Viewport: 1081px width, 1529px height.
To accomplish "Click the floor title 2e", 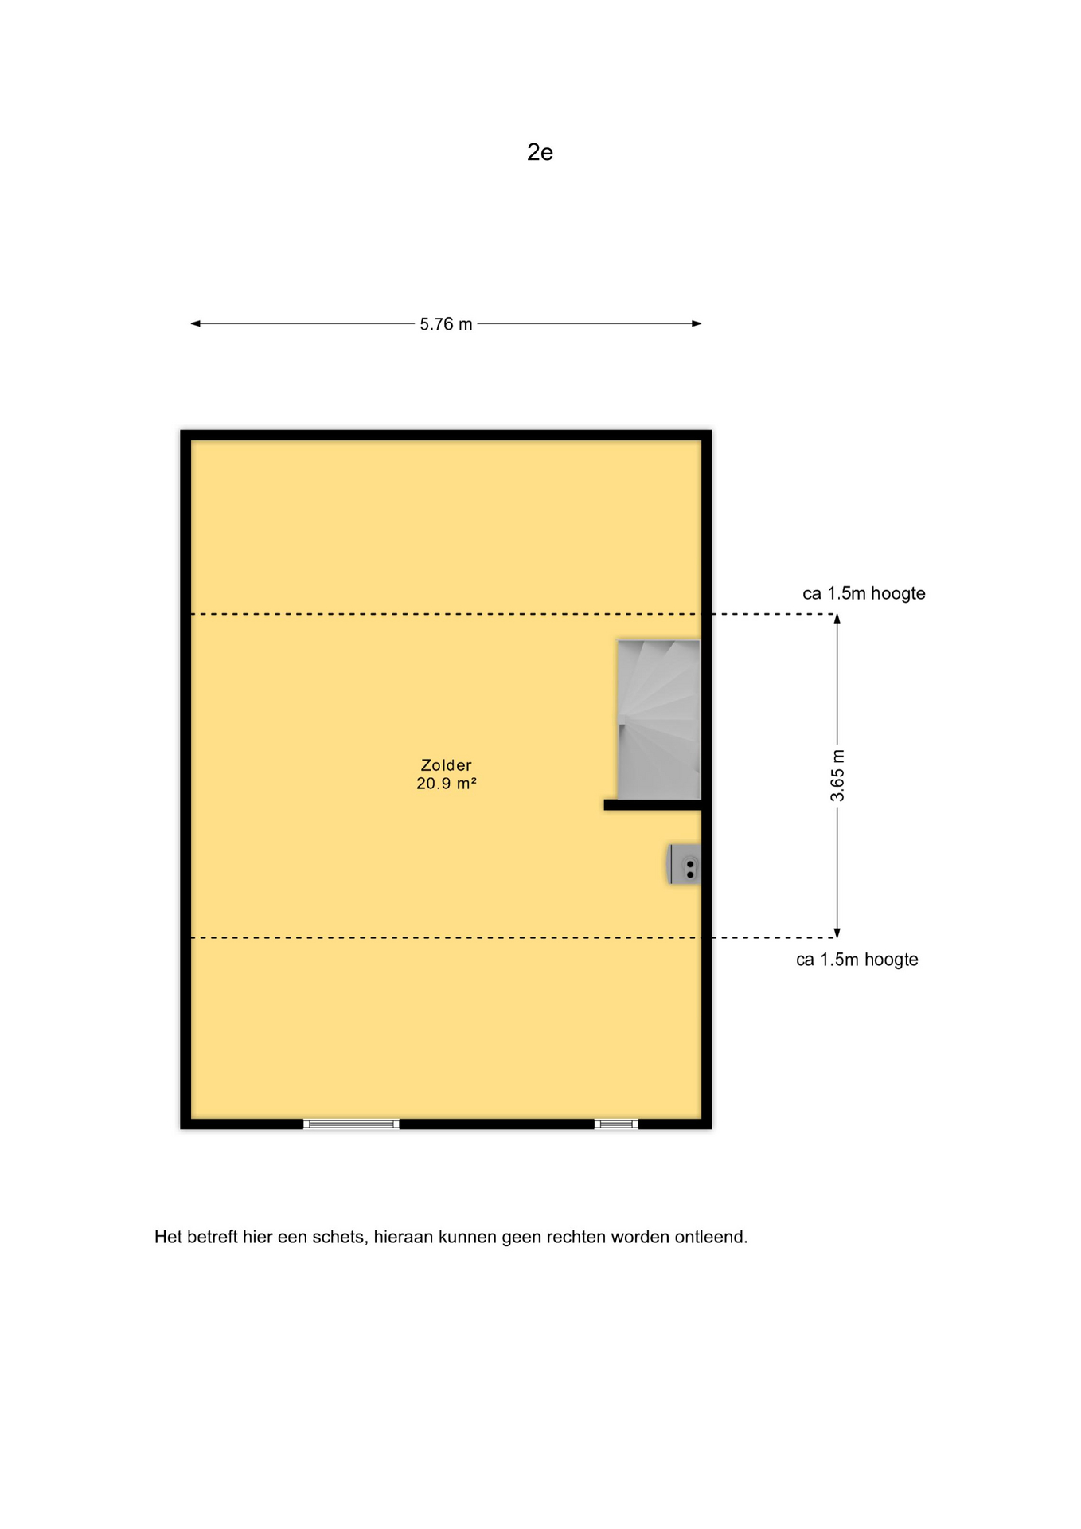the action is point(540,152).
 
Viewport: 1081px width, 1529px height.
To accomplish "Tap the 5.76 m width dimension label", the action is point(446,324).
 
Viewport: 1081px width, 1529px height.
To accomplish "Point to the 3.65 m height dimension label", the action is point(837,776).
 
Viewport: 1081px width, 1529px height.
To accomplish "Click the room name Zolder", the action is point(446,765).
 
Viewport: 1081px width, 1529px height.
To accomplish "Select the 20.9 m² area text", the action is point(446,784).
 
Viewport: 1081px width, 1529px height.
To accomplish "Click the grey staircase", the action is point(659,719).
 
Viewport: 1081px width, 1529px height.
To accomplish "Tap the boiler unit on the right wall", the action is point(684,865).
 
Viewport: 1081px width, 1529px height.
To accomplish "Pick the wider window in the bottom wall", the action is point(351,1124).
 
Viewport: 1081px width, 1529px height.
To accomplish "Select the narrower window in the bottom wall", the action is point(616,1124).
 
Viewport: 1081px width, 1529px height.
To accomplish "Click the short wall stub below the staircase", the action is point(653,805).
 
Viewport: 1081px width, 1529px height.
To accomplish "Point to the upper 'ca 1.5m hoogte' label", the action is point(864,593).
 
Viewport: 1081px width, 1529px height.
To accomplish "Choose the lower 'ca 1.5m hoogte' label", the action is point(857,960).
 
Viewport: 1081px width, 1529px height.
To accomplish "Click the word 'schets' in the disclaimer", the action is point(340,1238).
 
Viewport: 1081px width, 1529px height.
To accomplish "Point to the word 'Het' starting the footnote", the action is point(168,1238).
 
